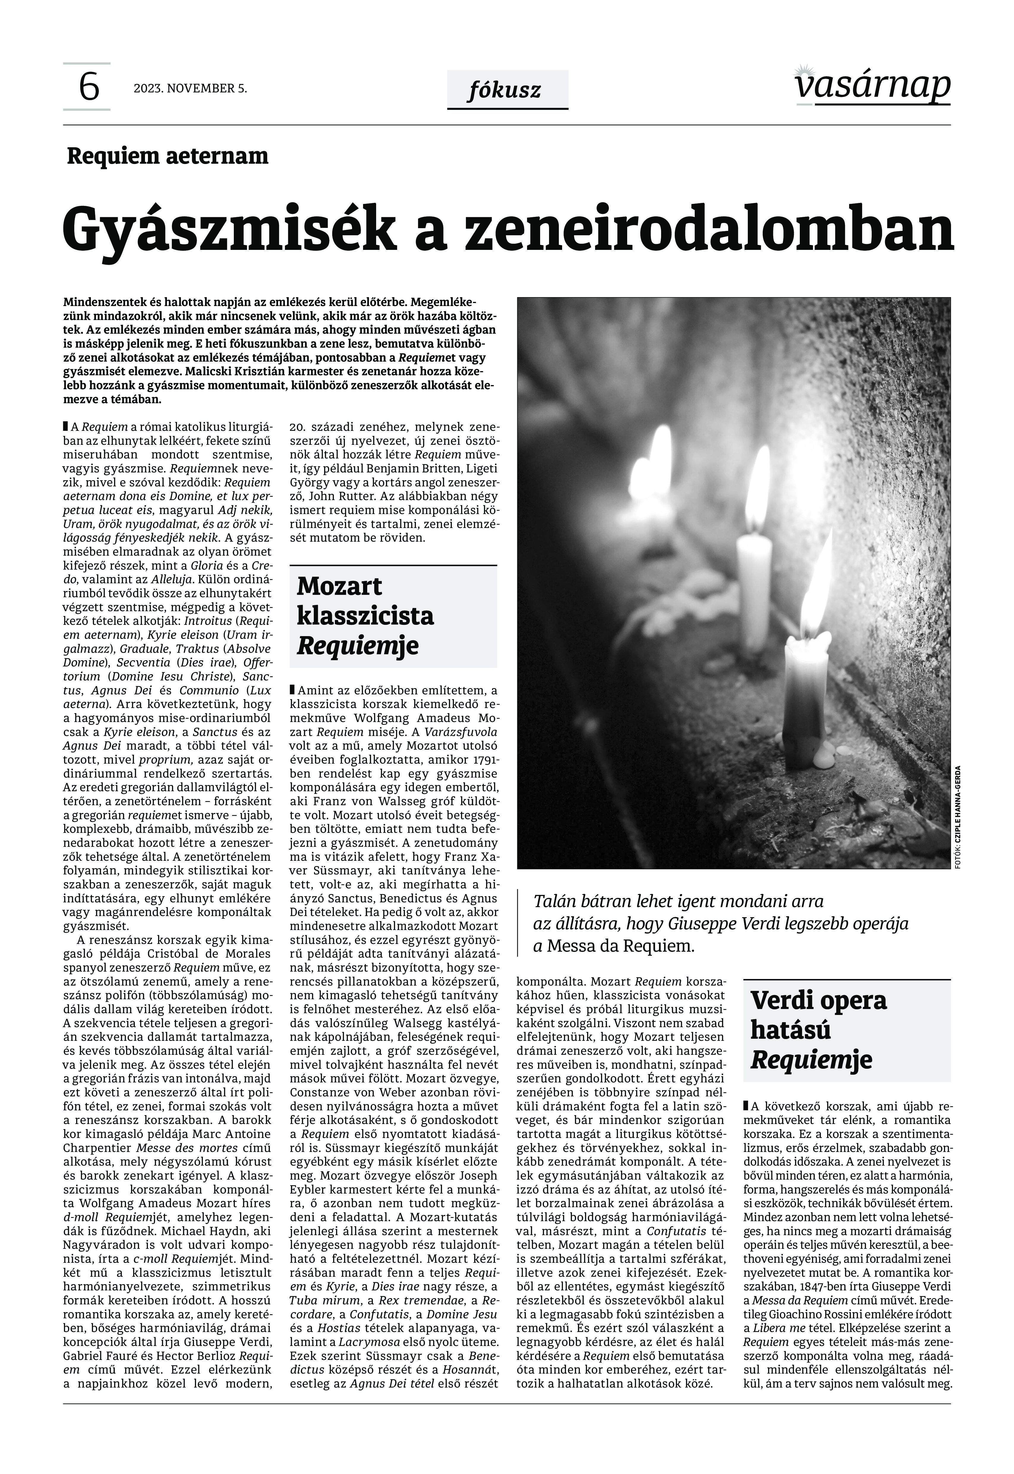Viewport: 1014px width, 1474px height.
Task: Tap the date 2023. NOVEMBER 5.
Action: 190,88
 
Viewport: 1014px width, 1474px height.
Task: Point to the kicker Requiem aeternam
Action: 168,156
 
